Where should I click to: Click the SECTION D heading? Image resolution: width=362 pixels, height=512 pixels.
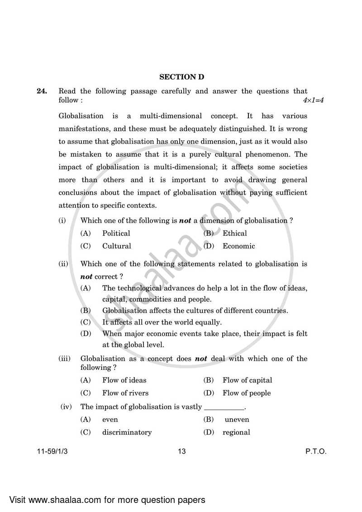pyautogui.click(x=181, y=77)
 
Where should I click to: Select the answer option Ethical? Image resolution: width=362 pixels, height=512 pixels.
pyautogui.click(x=234, y=234)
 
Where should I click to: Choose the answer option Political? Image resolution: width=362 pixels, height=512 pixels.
pyautogui.click(x=116, y=234)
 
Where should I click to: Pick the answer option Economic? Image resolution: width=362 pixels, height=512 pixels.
pyautogui.click(x=238, y=246)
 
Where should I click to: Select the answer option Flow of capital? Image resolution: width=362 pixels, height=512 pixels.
pyautogui.click(x=247, y=380)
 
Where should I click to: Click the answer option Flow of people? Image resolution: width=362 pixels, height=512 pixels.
pyautogui.click(x=246, y=393)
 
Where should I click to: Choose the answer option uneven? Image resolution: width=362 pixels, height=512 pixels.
pyautogui.click(x=237, y=420)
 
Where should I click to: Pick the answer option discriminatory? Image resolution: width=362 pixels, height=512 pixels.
pyautogui.click(x=127, y=432)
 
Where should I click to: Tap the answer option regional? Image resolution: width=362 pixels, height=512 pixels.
pyautogui.click(x=236, y=432)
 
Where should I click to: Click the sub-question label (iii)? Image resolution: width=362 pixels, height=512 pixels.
pyautogui.click(x=65, y=359)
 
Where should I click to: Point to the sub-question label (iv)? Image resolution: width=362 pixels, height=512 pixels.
pyautogui.click(x=66, y=407)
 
